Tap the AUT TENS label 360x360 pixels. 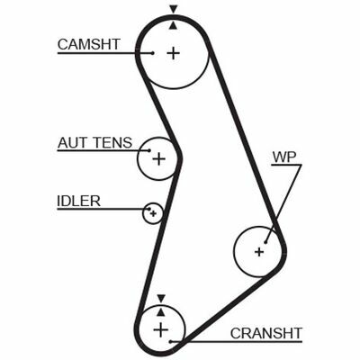(94, 142)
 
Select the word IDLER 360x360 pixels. (78, 200)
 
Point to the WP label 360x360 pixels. (283, 157)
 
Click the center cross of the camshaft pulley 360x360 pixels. (173, 52)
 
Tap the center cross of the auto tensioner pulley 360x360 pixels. (159, 159)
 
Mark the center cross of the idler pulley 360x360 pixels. (154, 213)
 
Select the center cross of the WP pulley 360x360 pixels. (259, 251)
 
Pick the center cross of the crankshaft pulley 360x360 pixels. (161, 330)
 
